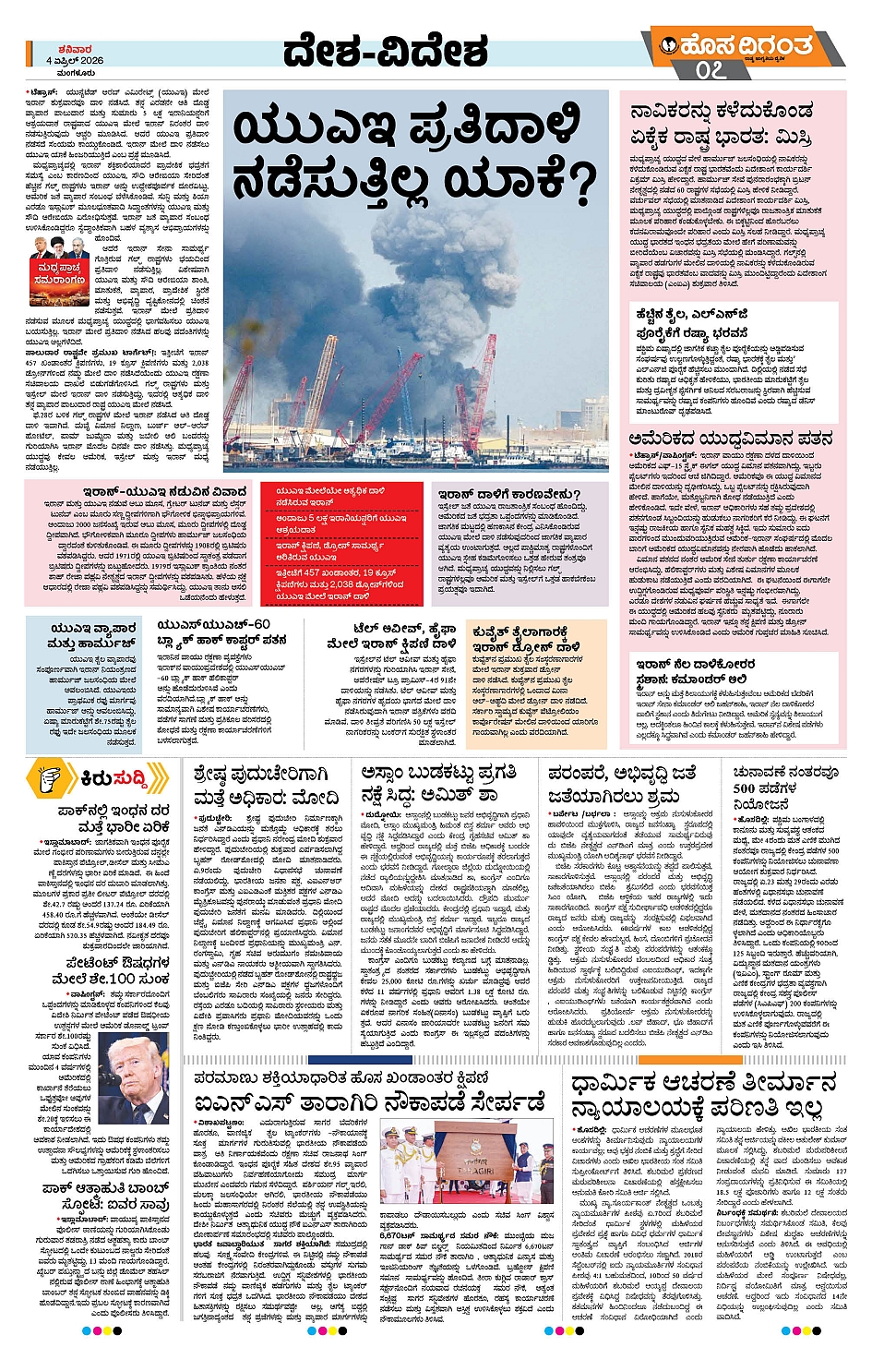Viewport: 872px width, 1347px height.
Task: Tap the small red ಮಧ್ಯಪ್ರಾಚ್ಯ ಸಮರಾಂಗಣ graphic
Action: click(59, 272)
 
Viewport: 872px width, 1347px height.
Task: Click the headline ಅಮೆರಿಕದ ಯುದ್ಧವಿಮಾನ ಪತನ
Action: click(730, 439)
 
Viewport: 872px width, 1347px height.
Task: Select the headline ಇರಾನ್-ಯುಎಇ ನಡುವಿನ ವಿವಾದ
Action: click(164, 491)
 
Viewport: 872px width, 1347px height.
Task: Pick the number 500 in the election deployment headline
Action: click(744, 788)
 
